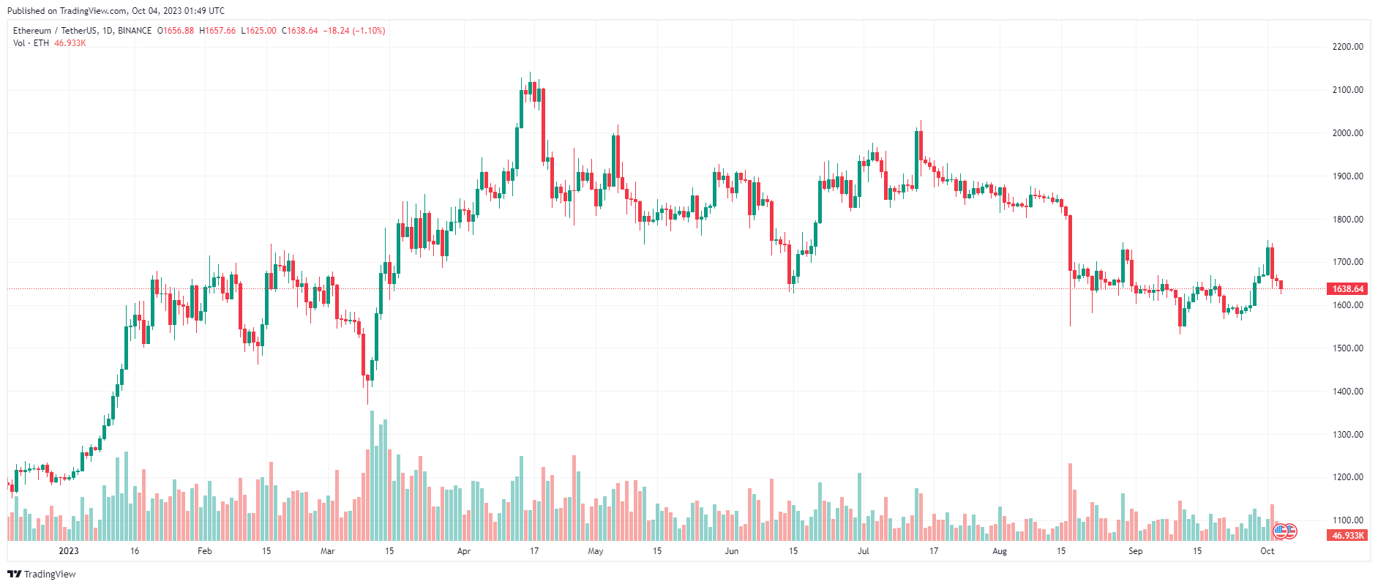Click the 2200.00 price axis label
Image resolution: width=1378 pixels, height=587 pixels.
[1347, 47]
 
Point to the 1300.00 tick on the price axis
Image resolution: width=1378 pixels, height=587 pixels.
[1347, 435]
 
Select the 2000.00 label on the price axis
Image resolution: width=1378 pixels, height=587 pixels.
[1347, 133]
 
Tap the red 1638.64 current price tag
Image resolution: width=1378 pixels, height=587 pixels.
[1347, 289]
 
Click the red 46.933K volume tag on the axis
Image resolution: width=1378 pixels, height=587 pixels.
[1347, 536]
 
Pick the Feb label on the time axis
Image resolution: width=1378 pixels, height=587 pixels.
[205, 551]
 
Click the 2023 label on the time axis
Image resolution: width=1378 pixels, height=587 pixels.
[69, 551]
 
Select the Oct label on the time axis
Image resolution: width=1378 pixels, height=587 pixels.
[1267, 551]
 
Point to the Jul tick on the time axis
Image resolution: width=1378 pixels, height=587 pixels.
[864, 551]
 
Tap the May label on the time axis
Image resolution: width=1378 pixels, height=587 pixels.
[596, 551]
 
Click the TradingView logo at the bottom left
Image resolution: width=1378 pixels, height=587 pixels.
[42, 574]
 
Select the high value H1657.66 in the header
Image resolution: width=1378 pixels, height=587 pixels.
[218, 31]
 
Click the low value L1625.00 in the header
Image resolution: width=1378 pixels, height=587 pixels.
[259, 31]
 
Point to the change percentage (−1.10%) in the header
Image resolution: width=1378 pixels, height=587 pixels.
[369, 31]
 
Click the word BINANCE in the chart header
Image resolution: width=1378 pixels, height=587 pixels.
[135, 31]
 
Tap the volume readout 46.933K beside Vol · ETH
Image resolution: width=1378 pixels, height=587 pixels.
[70, 43]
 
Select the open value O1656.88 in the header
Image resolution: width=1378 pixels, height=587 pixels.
[176, 31]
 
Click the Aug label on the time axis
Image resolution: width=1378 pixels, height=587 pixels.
[1000, 551]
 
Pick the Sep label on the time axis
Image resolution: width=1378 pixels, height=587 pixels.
[1135, 551]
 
